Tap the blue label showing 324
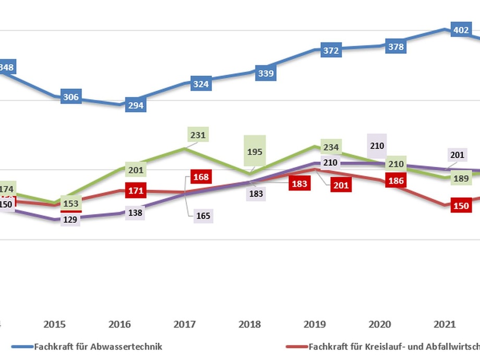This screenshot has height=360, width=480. pos(201,83)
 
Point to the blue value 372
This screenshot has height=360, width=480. pos(331,51)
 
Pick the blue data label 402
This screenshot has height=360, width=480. pos(461,30)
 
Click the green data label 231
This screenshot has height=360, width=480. pos(198,135)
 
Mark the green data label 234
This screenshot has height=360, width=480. pos(331,147)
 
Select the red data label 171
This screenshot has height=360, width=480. pos(136,190)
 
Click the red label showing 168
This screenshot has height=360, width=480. pos(201,177)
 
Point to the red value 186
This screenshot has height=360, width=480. pos(395,181)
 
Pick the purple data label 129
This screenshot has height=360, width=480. pos(70,220)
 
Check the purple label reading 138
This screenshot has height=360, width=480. pos(136,213)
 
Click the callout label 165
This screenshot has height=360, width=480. pos(201,215)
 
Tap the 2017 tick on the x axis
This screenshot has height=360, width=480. pos(185,325)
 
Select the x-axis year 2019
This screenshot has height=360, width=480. pos(315,325)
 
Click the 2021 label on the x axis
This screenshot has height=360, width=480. pos(445,325)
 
